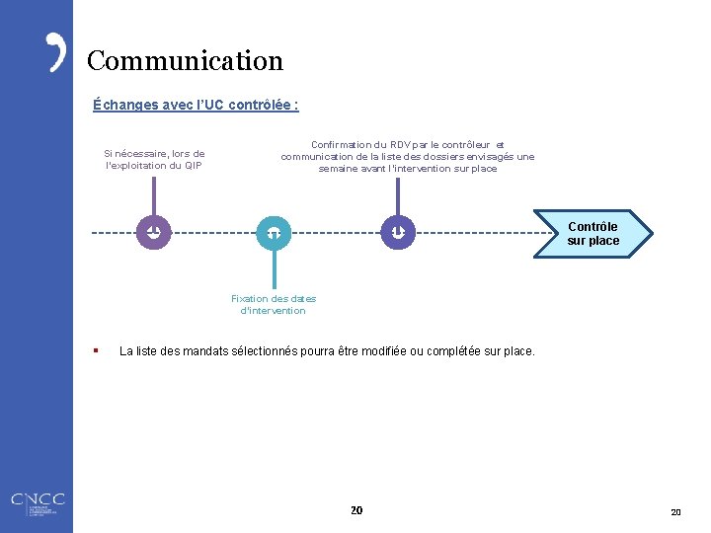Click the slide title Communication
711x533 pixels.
(x=185, y=61)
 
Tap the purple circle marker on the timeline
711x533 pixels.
(x=154, y=232)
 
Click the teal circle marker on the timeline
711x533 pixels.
(x=274, y=232)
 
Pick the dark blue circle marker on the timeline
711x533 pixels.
(x=397, y=232)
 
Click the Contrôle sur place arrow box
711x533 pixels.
(x=592, y=234)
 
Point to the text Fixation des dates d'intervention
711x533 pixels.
(x=274, y=304)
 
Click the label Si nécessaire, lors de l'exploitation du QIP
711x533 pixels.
(x=154, y=159)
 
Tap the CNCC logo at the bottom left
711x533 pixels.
(x=37, y=503)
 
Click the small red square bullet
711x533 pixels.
(x=95, y=349)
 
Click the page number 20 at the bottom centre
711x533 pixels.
(x=356, y=510)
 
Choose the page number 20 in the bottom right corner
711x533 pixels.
(x=675, y=512)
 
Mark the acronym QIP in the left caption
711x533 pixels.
(x=193, y=165)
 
